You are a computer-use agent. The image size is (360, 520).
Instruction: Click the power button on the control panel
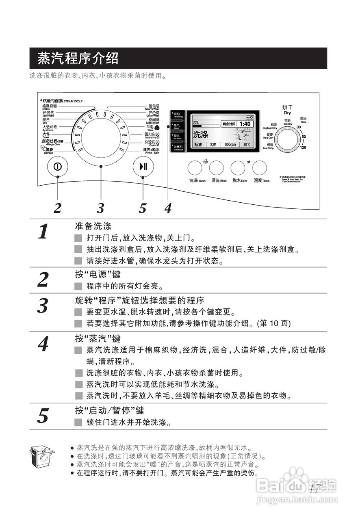[58, 166]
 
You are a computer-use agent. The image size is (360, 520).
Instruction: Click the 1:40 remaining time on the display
[245, 123]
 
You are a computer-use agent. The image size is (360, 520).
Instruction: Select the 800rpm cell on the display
[230, 145]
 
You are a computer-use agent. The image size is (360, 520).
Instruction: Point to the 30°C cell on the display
[247, 145]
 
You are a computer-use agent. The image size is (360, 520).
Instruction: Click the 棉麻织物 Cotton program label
[50, 107]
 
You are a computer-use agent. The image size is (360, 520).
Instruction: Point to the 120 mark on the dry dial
[303, 147]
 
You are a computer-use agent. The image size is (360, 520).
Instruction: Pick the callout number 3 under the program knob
[100, 208]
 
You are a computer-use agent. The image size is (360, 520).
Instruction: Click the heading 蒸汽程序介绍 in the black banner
[78, 58]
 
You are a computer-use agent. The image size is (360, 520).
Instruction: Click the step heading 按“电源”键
[98, 275]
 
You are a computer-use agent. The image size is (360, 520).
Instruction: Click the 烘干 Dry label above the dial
[287, 110]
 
